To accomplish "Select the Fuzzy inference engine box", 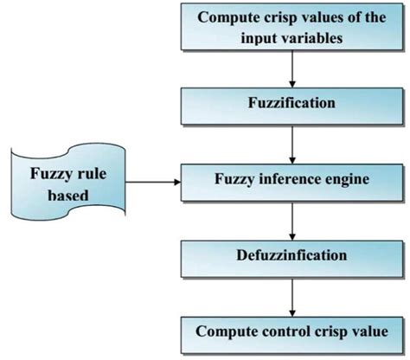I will tap(294, 183).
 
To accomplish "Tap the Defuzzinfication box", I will tap(294, 256).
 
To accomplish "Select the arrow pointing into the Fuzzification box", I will tap(294, 72).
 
